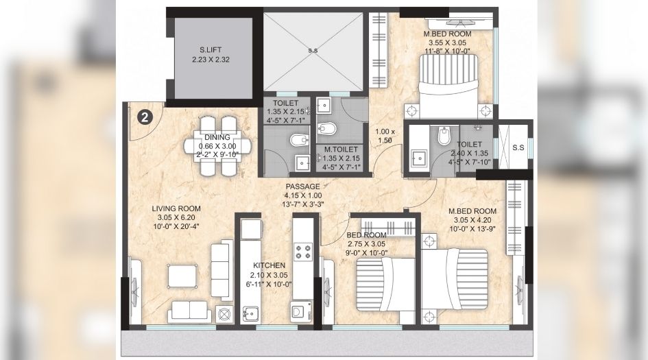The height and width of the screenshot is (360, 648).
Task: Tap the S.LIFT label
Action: [x=211, y=51]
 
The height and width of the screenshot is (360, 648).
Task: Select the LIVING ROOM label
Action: [x=176, y=208]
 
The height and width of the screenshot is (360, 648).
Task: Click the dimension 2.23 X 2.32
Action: [x=211, y=60]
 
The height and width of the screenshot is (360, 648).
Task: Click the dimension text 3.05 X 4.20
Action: [x=472, y=220]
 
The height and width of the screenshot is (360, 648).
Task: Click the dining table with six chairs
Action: [x=211, y=145]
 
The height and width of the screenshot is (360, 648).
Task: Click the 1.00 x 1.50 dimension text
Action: [x=386, y=135]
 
